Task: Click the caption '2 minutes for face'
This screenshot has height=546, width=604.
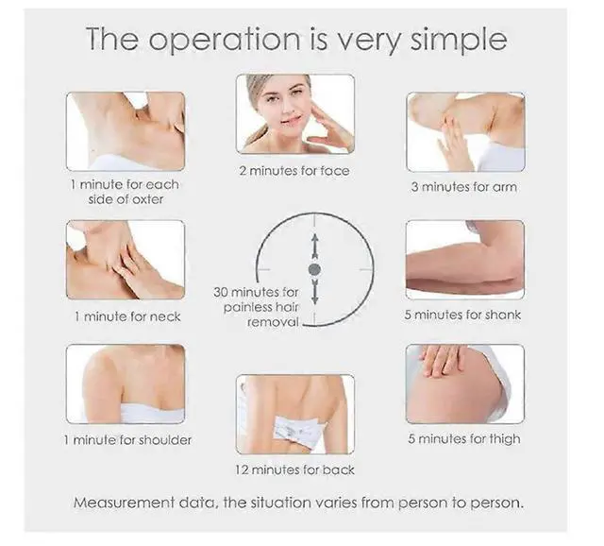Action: [x=294, y=171]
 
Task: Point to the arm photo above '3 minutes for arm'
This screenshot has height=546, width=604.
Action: [x=464, y=131]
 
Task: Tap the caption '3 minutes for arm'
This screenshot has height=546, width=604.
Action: [x=464, y=187]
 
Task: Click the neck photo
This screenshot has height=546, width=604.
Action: [x=126, y=260]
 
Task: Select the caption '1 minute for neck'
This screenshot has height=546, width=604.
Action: [x=126, y=316]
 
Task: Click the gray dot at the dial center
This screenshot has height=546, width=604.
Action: [x=314, y=270]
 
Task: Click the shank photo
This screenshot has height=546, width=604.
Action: [x=464, y=259]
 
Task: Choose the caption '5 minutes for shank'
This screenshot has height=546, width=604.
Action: [x=463, y=315]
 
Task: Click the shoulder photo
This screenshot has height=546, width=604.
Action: [x=126, y=384]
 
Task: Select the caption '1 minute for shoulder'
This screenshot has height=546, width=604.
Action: [x=126, y=440]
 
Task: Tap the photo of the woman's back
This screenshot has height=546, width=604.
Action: [x=295, y=414]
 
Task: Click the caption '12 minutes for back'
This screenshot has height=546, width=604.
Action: [x=294, y=469]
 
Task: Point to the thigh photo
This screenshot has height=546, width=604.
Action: [x=464, y=383]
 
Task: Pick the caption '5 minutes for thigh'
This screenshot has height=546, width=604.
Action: [x=463, y=439]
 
